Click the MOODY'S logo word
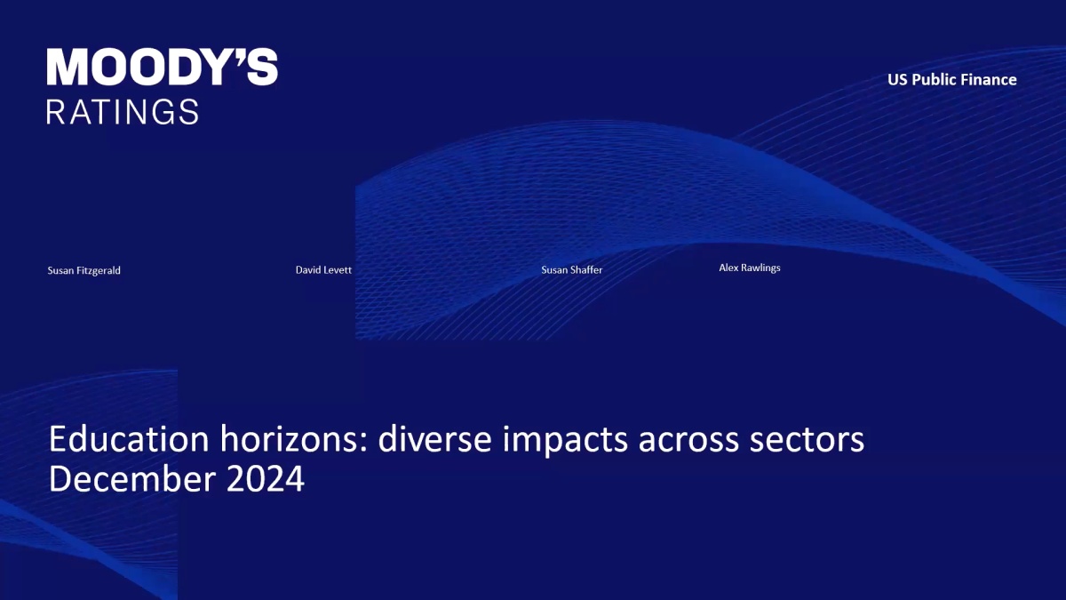click(x=163, y=68)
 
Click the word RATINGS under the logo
click(x=123, y=112)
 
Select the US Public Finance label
click(x=951, y=79)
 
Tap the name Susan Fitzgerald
click(x=84, y=270)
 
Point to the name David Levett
click(x=323, y=270)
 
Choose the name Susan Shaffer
click(x=571, y=270)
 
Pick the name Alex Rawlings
click(x=750, y=268)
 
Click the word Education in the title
click(x=129, y=439)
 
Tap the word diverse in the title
click(x=434, y=439)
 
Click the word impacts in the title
click(x=565, y=441)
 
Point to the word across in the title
click(x=688, y=442)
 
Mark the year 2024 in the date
click(x=265, y=479)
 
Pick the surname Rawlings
click(x=760, y=268)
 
